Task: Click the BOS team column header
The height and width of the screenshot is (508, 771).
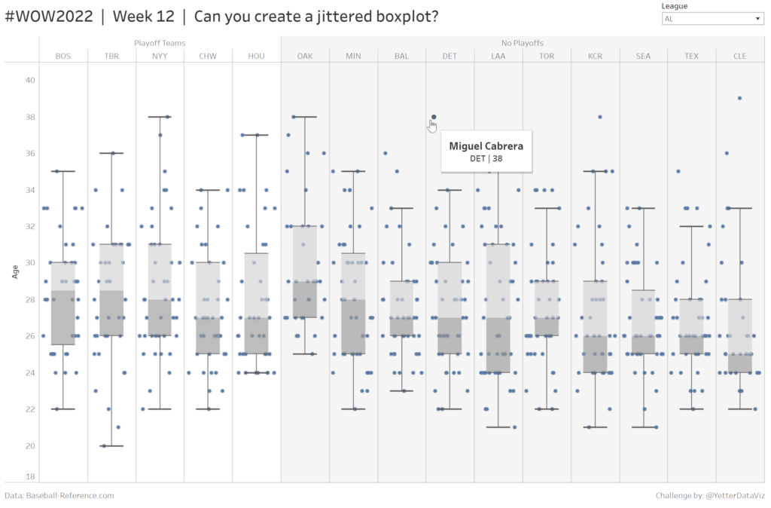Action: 63,56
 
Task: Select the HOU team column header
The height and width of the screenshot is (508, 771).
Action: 256,56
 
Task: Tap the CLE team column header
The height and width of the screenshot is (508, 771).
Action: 739,56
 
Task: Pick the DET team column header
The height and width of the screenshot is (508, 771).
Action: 449,56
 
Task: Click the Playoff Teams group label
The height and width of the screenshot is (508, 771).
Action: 160,44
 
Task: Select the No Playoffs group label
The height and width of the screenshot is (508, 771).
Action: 522,44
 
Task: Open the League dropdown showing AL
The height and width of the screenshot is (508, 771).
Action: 713,19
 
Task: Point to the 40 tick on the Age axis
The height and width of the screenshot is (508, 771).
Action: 30,80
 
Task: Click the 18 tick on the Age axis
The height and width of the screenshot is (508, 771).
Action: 30,476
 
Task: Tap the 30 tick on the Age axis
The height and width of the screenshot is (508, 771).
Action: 30,263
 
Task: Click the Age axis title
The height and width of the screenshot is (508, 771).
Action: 14,272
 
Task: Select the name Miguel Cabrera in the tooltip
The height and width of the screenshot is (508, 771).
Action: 486,146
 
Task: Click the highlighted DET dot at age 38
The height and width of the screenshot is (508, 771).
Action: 434,117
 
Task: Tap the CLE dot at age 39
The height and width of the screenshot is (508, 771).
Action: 739,98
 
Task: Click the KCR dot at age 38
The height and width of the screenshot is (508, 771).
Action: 600,117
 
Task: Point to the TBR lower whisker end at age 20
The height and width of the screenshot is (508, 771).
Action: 111,446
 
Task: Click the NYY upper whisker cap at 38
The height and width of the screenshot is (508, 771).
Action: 160,117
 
